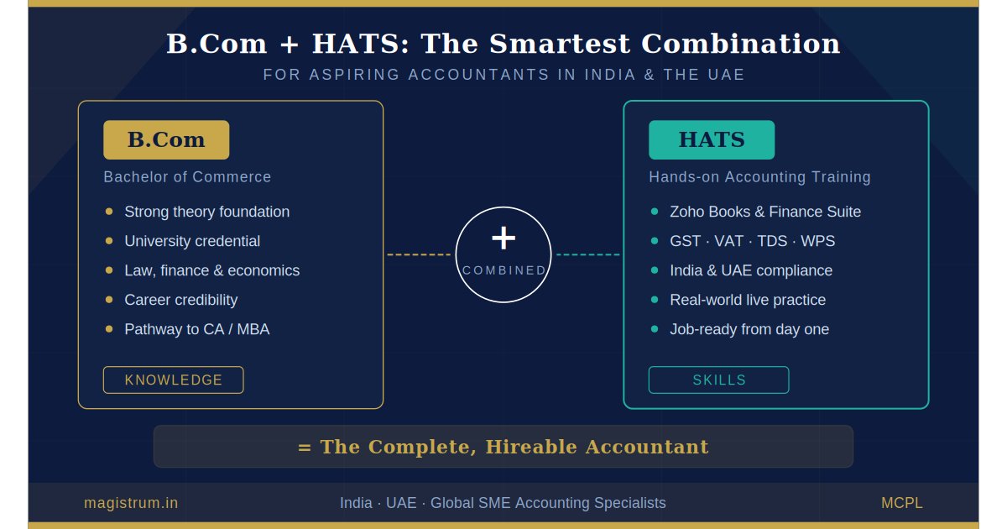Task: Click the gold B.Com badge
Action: coord(166,140)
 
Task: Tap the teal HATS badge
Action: coord(712,140)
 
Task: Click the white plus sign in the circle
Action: coord(503,238)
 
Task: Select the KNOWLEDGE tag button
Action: coord(174,380)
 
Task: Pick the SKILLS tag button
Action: coord(719,380)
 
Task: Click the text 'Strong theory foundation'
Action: coord(206,212)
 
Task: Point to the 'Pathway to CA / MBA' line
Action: coord(197,329)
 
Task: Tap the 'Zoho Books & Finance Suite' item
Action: coord(765,212)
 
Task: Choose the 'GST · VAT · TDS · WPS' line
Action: coord(752,241)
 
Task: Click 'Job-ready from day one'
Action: coord(749,329)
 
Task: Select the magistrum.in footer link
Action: coord(131,503)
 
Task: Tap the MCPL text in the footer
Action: coord(901,503)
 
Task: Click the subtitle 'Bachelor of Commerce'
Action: coord(187,177)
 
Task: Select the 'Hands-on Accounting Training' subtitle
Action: coord(759,177)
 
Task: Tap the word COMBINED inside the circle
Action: coord(504,270)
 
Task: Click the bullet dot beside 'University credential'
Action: coord(109,241)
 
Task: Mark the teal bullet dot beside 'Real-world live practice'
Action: coord(655,300)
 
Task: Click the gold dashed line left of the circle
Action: coord(419,254)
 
